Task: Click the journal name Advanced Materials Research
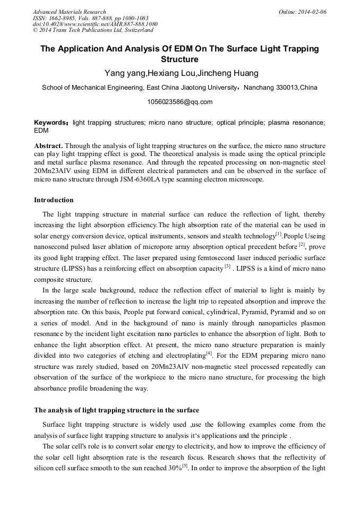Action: (x=69, y=12)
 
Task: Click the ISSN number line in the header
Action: (x=90, y=18)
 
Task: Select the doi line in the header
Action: (x=95, y=24)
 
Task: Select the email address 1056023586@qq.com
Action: (x=179, y=102)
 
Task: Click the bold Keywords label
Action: (x=51, y=123)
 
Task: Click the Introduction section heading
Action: (x=54, y=200)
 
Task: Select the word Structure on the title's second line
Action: (x=179, y=59)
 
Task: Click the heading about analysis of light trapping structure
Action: (x=116, y=410)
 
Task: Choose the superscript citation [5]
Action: (x=185, y=467)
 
